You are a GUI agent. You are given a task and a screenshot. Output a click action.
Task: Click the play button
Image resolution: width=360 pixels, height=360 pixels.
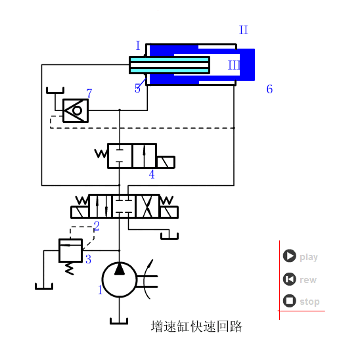[290, 256]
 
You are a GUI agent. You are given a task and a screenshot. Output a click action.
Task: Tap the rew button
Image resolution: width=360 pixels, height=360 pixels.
[290, 279]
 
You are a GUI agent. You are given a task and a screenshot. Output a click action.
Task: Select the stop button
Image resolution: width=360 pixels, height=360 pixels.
[290, 301]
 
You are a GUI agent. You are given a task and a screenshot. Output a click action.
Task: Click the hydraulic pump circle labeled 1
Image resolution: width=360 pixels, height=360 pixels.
[120, 279]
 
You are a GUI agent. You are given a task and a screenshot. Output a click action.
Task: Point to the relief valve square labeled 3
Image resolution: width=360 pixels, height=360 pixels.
[70, 250]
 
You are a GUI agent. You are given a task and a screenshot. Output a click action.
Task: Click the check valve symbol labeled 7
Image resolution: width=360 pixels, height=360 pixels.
[76, 110]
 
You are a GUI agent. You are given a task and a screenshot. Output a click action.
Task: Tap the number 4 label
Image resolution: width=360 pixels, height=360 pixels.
[152, 175]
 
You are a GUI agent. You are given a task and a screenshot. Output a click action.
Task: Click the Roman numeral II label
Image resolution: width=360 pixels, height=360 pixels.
[244, 30]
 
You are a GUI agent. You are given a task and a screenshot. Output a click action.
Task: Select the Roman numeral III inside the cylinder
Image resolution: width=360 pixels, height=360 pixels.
[234, 65]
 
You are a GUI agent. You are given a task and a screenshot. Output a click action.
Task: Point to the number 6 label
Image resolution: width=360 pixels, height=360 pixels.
[269, 89]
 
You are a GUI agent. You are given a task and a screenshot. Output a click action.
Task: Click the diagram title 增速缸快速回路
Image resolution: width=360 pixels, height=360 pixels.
[196, 326]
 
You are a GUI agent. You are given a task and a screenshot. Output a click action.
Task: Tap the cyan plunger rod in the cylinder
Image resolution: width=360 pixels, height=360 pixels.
[169, 65]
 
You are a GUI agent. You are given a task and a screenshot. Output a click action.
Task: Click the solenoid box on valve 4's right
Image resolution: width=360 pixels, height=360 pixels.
[166, 162]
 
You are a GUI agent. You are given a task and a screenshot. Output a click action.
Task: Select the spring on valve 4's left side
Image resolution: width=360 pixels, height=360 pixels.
[101, 154]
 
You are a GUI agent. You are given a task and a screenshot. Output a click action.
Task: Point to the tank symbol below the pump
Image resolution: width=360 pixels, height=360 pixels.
[120, 320]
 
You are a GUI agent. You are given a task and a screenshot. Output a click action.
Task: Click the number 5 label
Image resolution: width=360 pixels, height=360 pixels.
[138, 89]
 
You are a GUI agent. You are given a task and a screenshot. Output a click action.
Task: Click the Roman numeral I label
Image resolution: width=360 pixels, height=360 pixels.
[138, 46]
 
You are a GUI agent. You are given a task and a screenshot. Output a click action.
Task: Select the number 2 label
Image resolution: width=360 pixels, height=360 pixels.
[97, 227]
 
